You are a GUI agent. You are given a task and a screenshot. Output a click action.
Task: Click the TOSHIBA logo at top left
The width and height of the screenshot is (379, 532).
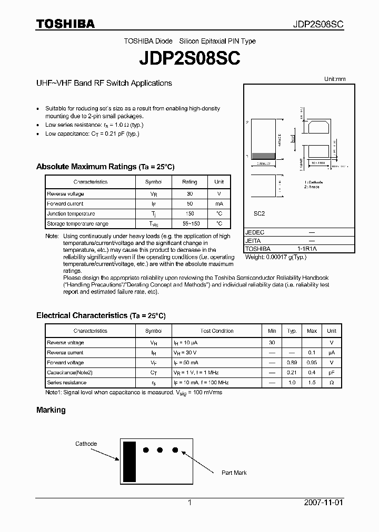click(x=65, y=24)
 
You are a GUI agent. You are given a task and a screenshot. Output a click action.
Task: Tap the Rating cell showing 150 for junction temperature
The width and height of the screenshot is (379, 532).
click(x=189, y=214)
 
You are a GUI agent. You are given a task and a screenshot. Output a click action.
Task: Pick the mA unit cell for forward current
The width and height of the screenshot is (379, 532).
click(x=219, y=203)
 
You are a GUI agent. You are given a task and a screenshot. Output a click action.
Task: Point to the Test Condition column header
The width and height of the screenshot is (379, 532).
click(x=217, y=331)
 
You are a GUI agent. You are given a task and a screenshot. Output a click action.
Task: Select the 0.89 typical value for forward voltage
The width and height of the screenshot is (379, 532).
click(x=292, y=363)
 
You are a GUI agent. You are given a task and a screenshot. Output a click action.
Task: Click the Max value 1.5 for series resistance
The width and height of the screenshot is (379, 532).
click(x=312, y=383)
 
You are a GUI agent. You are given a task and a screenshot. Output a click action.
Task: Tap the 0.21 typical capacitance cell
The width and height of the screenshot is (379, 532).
click(x=292, y=373)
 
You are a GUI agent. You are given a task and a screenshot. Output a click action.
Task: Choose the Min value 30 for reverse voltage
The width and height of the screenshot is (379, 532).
click(x=272, y=343)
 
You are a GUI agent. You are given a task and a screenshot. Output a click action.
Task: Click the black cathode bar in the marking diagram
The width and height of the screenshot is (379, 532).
click(x=129, y=462)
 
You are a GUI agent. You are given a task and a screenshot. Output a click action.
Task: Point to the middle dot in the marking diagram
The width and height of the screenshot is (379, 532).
click(x=160, y=450)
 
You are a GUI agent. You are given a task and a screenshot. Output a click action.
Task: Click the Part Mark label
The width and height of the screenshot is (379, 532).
click(x=234, y=473)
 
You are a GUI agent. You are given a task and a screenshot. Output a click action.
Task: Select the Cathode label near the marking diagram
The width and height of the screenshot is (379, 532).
click(x=86, y=444)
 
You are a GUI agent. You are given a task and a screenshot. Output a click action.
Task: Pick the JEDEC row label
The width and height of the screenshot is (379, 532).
click(x=255, y=232)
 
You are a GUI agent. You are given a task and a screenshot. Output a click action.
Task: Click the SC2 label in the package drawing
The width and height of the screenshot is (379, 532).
click(x=260, y=214)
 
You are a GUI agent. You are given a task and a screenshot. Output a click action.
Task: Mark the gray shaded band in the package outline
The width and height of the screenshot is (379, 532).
click(x=264, y=156)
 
